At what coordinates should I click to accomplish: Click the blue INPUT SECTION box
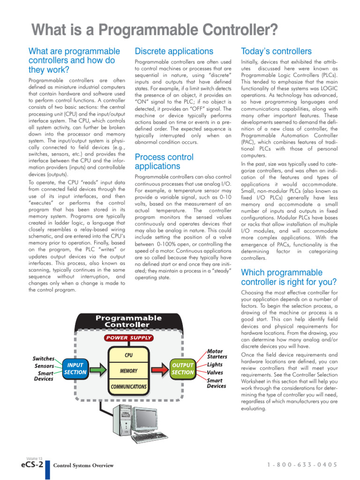(x=75, y=368)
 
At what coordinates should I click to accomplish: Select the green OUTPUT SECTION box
(x=182, y=368)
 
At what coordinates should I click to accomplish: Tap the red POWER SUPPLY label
(x=128, y=337)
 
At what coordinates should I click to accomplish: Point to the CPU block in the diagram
(x=128, y=355)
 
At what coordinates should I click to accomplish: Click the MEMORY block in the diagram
(x=128, y=371)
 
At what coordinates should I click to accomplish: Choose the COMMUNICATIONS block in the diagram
(x=128, y=387)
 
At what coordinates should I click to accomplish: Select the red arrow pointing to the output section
(x=159, y=368)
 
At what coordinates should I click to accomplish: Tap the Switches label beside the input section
(x=44, y=359)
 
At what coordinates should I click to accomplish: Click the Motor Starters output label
(x=217, y=354)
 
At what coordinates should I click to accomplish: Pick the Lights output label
(x=215, y=364)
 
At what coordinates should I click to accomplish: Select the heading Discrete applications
(x=173, y=51)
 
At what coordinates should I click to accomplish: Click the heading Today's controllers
(x=276, y=51)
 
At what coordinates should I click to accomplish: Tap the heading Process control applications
(x=164, y=161)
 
